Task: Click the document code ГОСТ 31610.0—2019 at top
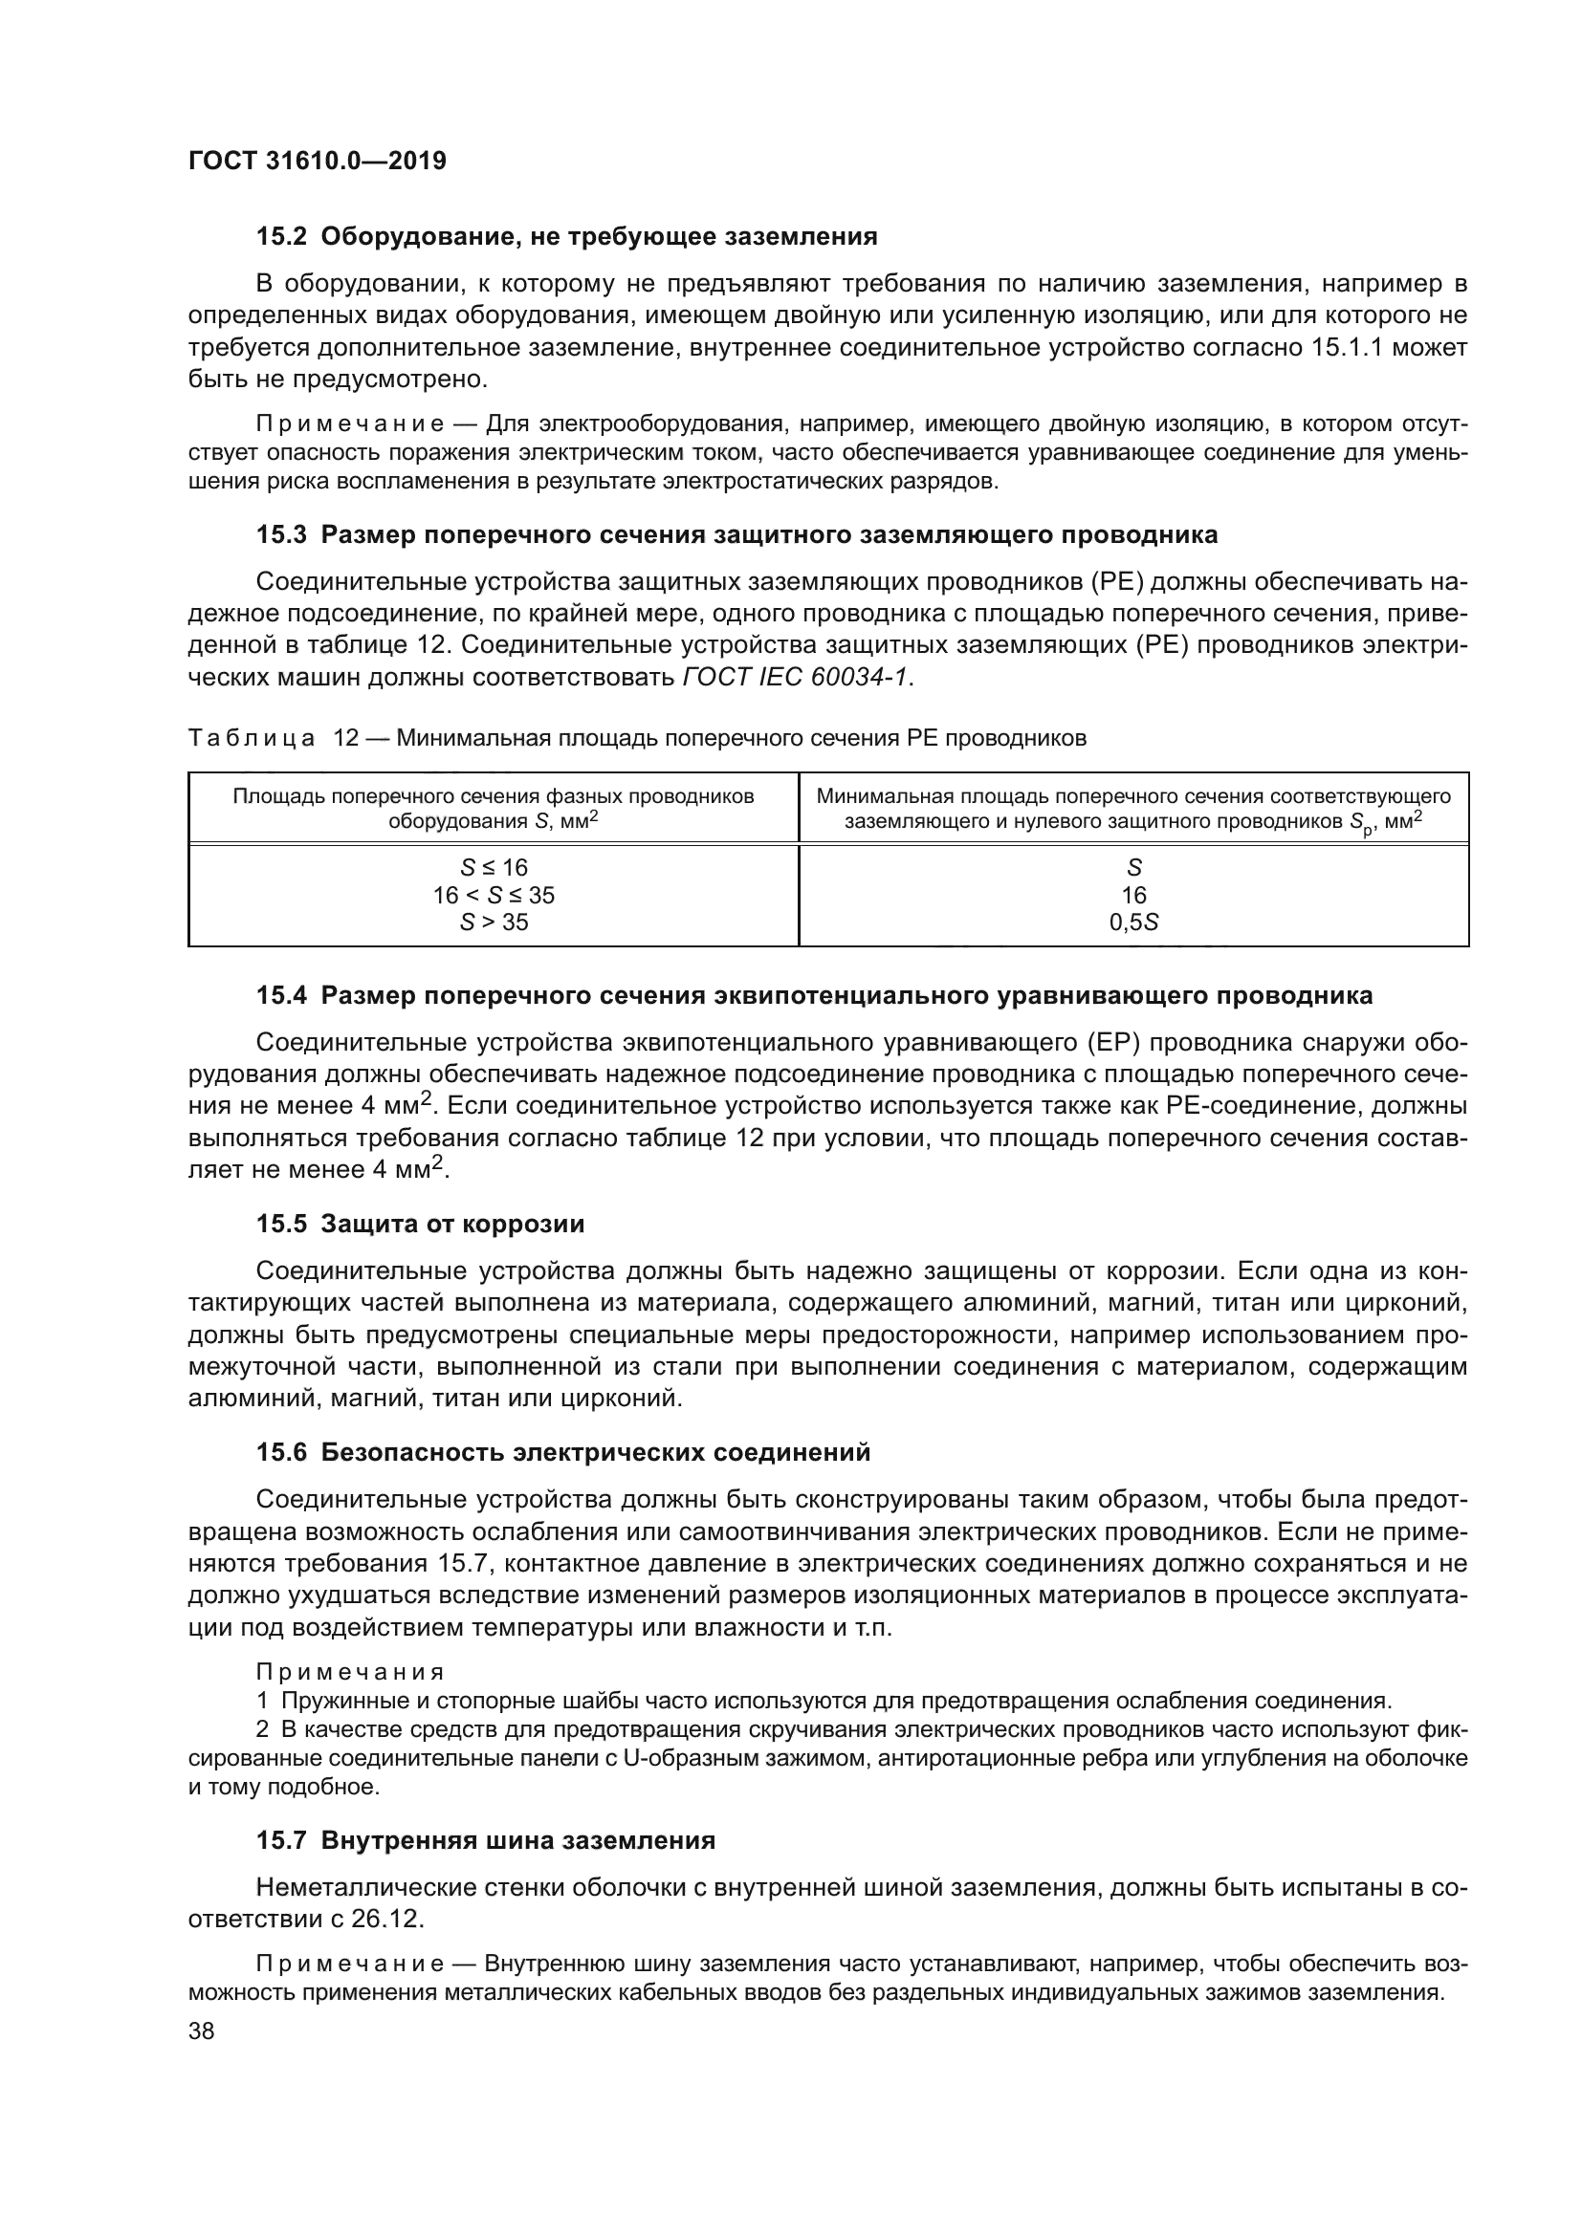tap(317, 161)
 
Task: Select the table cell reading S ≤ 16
tap(493, 867)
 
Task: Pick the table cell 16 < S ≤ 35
tap(493, 894)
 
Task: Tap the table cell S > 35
tap(493, 922)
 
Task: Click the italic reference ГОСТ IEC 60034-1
tap(797, 677)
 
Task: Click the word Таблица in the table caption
tap(251, 738)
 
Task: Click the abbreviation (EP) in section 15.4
tap(1106, 1042)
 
